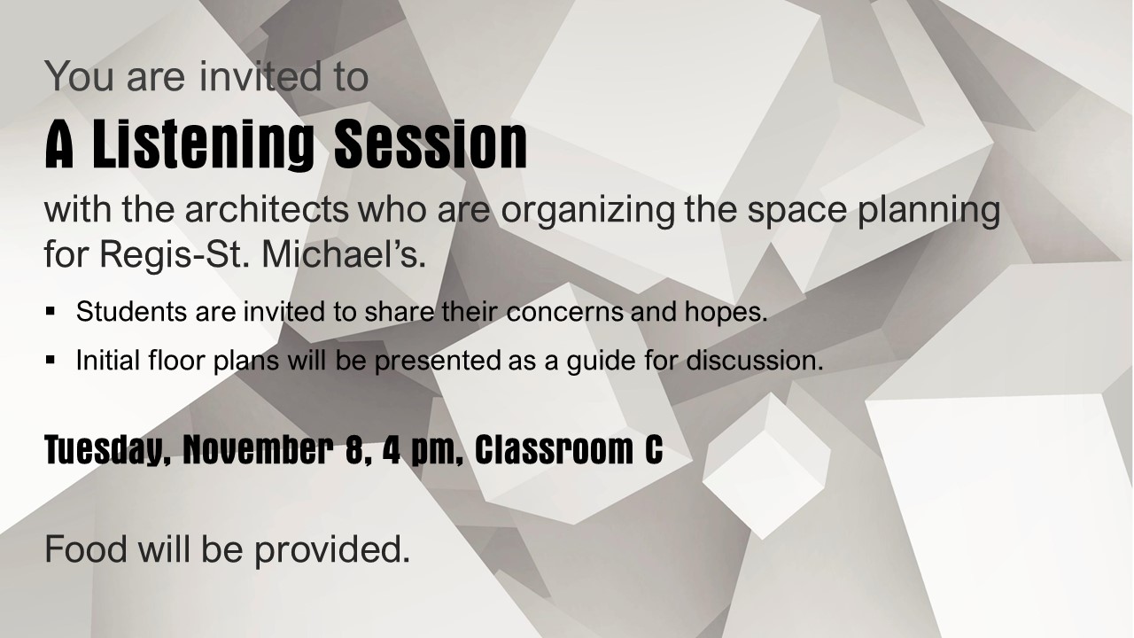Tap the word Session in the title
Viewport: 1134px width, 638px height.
pos(431,144)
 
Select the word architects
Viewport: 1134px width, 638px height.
pos(267,210)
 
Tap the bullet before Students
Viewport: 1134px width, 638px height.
pos(50,311)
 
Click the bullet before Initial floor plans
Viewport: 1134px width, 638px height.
pos(50,360)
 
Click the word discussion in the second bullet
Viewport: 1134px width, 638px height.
pos(755,360)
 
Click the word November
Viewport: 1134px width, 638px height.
pos(258,449)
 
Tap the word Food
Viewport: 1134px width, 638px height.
pos(86,549)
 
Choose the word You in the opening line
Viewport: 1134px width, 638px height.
pos(80,76)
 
